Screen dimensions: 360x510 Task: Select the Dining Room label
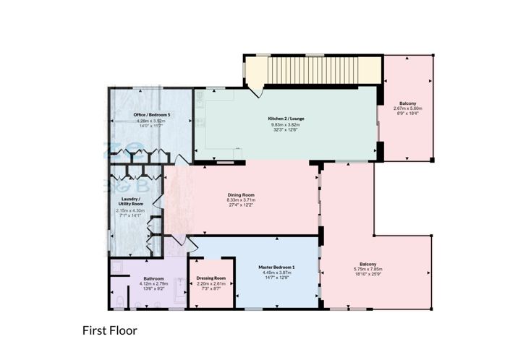click(240, 194)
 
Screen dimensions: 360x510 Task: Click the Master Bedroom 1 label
click(277, 267)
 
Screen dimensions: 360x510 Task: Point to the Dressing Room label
click(211, 278)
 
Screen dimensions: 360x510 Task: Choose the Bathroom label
click(154, 279)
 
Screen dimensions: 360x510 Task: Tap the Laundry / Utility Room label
click(131, 202)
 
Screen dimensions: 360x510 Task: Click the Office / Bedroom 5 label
click(152, 115)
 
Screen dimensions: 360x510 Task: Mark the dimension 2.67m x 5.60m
click(408, 108)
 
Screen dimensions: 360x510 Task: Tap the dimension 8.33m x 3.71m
click(240, 200)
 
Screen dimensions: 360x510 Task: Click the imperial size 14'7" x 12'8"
click(277, 278)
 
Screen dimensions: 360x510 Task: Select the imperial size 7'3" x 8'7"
click(211, 289)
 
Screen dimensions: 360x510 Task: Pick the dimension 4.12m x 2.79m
click(154, 284)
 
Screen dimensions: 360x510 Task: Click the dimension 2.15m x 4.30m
click(131, 210)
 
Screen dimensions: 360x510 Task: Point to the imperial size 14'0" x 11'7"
click(152, 127)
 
